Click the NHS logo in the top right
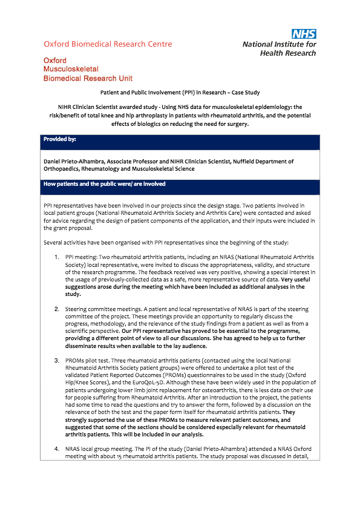304,34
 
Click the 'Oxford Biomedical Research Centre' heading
108,44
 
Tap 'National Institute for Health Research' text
279,48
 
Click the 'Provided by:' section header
59,139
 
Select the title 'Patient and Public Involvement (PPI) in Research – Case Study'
180,93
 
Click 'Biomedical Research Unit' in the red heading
88,79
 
